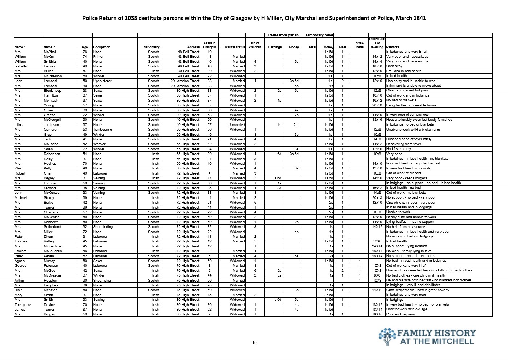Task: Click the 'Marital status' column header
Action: coord(235,47)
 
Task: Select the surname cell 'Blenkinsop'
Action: coord(53,91)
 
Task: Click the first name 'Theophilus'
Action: coord(24,305)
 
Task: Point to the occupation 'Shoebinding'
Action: coord(103,227)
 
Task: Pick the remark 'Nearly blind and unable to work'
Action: coord(411,217)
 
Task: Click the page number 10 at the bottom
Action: coord(254,343)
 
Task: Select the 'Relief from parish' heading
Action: coord(283,35)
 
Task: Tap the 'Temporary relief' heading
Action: coord(319,35)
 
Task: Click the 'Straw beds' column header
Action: coord(360,45)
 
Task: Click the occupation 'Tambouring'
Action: coord(103,130)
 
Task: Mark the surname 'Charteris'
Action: coord(51,212)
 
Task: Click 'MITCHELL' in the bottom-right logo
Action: coord(454,341)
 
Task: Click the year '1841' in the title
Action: coord(418,18)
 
